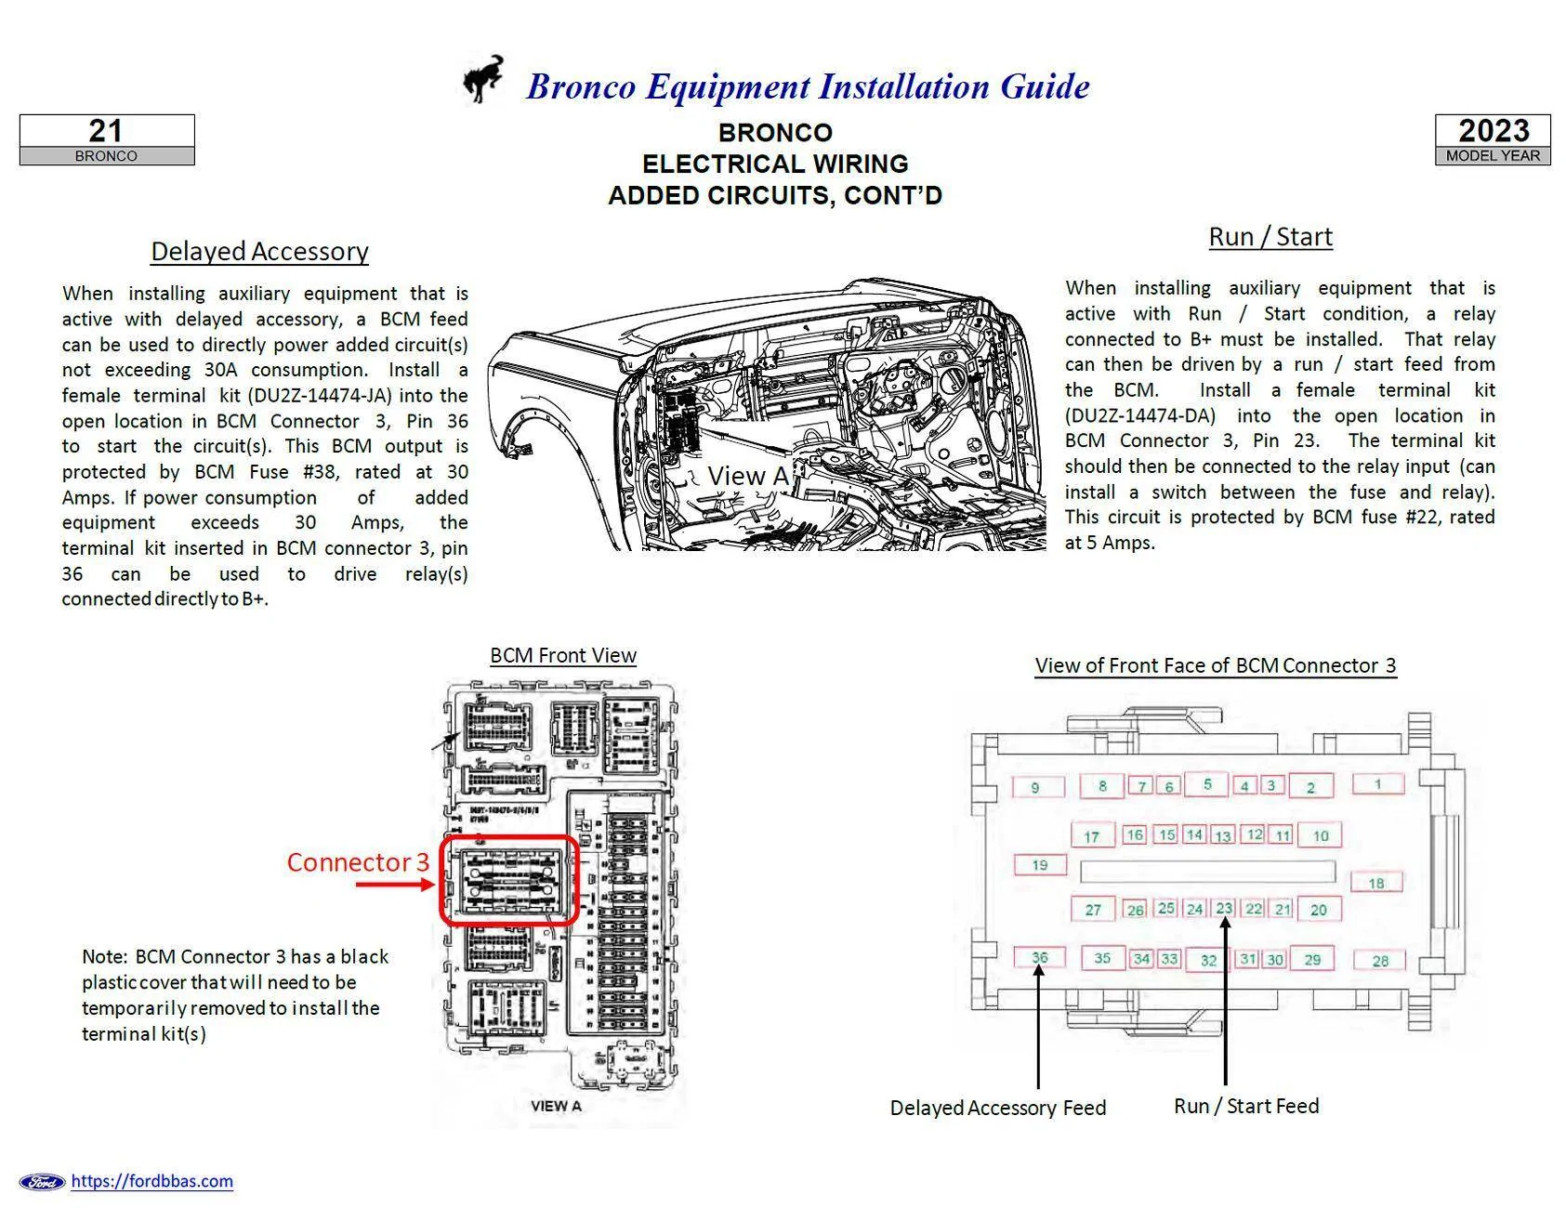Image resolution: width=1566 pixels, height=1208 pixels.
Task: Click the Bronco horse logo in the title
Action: [x=484, y=79]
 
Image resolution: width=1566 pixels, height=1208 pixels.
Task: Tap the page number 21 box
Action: [x=106, y=131]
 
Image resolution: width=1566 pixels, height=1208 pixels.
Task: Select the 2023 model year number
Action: [x=1493, y=130]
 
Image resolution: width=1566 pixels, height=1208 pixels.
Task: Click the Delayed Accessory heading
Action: [x=259, y=251]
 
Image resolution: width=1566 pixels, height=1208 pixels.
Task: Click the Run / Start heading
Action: [x=1270, y=236]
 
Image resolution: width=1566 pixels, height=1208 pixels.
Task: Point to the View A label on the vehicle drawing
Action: [x=746, y=476]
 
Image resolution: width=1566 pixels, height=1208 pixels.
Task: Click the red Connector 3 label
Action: [x=358, y=862]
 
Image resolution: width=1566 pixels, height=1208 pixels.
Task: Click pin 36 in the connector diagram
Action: [x=1039, y=957]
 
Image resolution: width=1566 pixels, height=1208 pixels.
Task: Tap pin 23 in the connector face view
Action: [x=1224, y=908]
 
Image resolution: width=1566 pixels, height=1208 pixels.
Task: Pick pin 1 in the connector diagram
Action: [x=1377, y=783]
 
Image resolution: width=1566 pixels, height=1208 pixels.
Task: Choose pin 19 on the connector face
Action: [x=1039, y=865]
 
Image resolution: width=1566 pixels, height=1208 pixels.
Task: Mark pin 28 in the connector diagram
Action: [x=1379, y=961]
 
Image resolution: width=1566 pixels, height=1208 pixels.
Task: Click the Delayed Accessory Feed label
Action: [x=997, y=1108]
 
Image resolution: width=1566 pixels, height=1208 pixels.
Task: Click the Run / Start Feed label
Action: [x=1245, y=1106]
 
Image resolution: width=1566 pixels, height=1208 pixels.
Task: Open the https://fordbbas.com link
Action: [x=151, y=1181]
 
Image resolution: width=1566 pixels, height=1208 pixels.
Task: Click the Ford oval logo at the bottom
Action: [x=43, y=1182]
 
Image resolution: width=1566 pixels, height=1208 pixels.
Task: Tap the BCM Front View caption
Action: [x=562, y=655]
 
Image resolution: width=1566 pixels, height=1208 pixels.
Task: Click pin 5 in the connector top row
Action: [x=1206, y=784]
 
